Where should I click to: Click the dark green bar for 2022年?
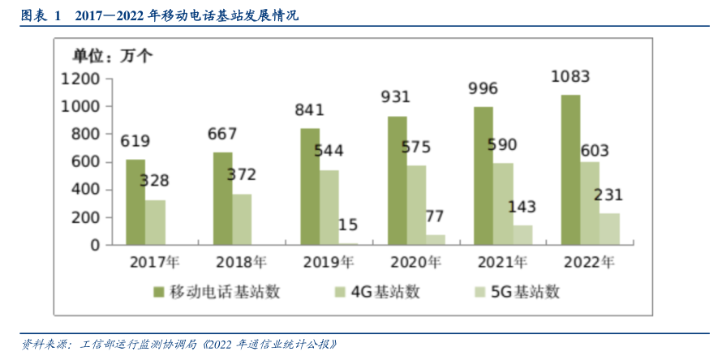point(570,169)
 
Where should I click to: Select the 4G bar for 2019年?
point(329,207)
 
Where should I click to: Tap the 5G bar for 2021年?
point(523,234)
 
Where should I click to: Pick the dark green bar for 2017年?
point(135,202)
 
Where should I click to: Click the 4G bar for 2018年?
point(242,219)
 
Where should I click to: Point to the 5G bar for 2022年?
point(609,229)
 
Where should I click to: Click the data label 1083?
point(569,77)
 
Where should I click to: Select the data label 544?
point(328,150)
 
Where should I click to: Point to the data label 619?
point(135,141)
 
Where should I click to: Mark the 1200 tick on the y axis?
point(80,79)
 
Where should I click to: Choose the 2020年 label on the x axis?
point(415,263)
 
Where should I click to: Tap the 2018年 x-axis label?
point(241,263)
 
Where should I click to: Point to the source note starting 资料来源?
point(178,344)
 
